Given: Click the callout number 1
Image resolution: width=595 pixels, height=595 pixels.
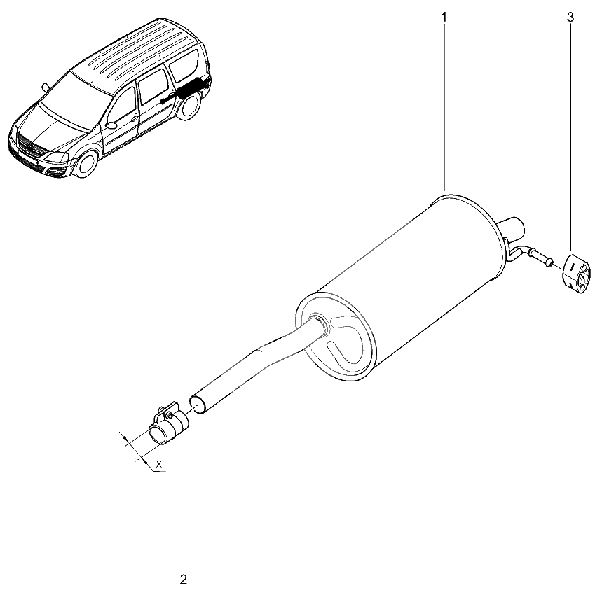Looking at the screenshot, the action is click(x=444, y=17).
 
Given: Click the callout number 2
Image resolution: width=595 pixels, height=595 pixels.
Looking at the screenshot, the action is click(x=184, y=580).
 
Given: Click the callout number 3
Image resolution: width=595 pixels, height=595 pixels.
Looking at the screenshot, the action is click(x=570, y=17).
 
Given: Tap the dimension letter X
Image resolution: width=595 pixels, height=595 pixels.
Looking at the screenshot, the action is click(x=159, y=463).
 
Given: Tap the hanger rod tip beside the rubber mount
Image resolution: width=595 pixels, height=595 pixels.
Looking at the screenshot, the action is click(x=547, y=262).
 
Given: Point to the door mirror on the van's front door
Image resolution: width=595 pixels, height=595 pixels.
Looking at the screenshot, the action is click(x=111, y=124).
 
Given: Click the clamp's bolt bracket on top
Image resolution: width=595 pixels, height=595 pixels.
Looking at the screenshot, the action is click(x=167, y=411).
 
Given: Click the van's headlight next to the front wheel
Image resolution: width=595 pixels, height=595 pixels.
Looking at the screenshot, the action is click(x=57, y=157).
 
